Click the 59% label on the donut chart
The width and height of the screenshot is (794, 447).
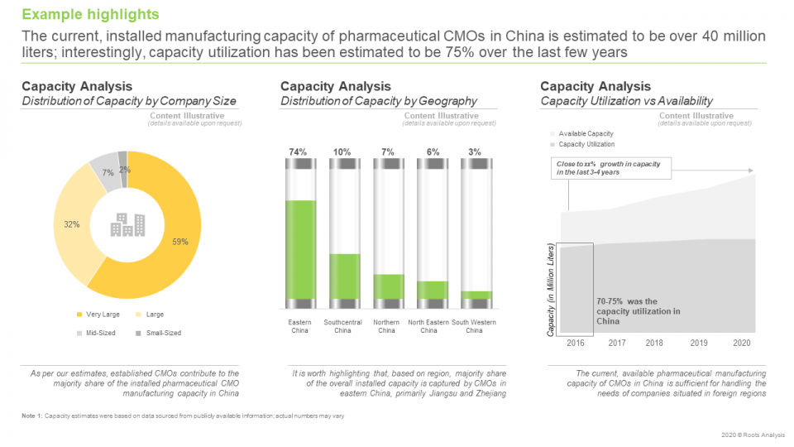[180, 242]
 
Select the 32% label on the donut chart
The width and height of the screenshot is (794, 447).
[72, 224]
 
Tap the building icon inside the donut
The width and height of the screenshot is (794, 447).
[127, 224]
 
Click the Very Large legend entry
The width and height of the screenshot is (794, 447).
[99, 315]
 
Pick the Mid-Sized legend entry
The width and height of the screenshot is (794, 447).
[99, 333]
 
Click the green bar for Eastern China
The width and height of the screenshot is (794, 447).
[299, 248]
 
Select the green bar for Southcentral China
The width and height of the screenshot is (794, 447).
[343, 276]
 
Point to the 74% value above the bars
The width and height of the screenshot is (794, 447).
[298, 152]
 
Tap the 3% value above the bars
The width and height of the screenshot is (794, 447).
[474, 152]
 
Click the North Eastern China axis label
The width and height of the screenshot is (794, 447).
[428, 326]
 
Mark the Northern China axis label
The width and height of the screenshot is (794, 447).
[386, 326]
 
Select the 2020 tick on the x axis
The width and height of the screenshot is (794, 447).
[742, 343]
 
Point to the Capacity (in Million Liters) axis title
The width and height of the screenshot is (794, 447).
[551, 290]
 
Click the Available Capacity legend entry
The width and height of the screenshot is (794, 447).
[585, 133]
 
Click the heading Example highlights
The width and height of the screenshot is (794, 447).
[90, 15]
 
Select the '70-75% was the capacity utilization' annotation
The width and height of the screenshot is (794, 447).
[638, 311]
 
